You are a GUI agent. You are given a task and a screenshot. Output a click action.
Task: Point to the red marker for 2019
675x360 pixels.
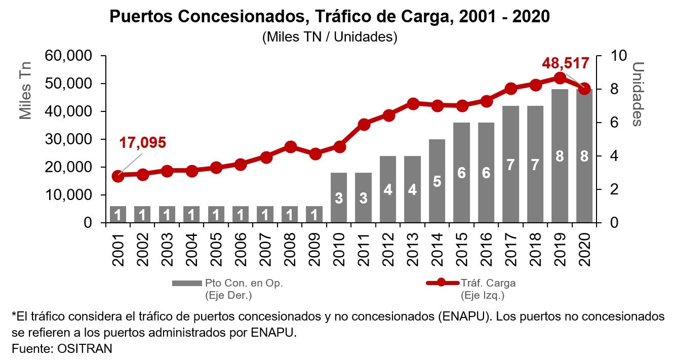560,78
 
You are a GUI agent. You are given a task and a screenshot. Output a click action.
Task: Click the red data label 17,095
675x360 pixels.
142,143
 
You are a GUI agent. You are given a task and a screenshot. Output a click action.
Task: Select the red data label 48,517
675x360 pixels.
565,63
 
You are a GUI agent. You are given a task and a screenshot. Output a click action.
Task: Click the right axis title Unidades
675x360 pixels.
638,94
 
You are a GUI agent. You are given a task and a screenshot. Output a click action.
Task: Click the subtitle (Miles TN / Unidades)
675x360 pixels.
330,37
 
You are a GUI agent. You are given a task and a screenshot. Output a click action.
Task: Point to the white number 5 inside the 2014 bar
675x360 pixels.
437,181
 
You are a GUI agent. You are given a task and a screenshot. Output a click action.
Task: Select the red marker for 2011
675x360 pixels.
364,124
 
